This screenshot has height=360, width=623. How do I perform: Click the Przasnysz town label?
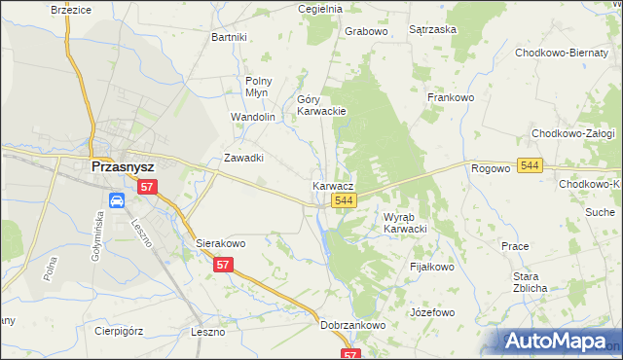[124, 166]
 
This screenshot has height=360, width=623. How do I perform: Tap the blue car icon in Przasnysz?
[116, 201]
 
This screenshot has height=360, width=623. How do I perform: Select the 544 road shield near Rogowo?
[530, 167]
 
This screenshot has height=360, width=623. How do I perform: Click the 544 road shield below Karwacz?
[342, 199]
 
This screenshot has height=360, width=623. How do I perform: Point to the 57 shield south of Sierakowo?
[224, 265]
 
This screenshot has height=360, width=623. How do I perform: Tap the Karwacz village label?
[333, 185]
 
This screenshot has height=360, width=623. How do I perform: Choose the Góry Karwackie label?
[321, 105]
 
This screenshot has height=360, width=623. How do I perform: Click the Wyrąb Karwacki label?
[406, 223]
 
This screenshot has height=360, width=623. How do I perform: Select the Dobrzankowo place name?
[353, 326]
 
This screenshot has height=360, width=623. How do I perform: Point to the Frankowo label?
[451, 97]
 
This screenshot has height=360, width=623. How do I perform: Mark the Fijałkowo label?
[432, 266]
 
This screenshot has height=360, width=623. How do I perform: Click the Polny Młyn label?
[258, 87]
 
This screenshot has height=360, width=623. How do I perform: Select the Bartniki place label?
[230, 37]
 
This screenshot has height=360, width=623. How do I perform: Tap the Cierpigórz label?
[120, 331]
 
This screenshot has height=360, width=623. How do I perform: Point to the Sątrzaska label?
[433, 30]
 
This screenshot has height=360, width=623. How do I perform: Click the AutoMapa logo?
[561, 341]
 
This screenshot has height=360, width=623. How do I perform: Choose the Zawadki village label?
[244, 158]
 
